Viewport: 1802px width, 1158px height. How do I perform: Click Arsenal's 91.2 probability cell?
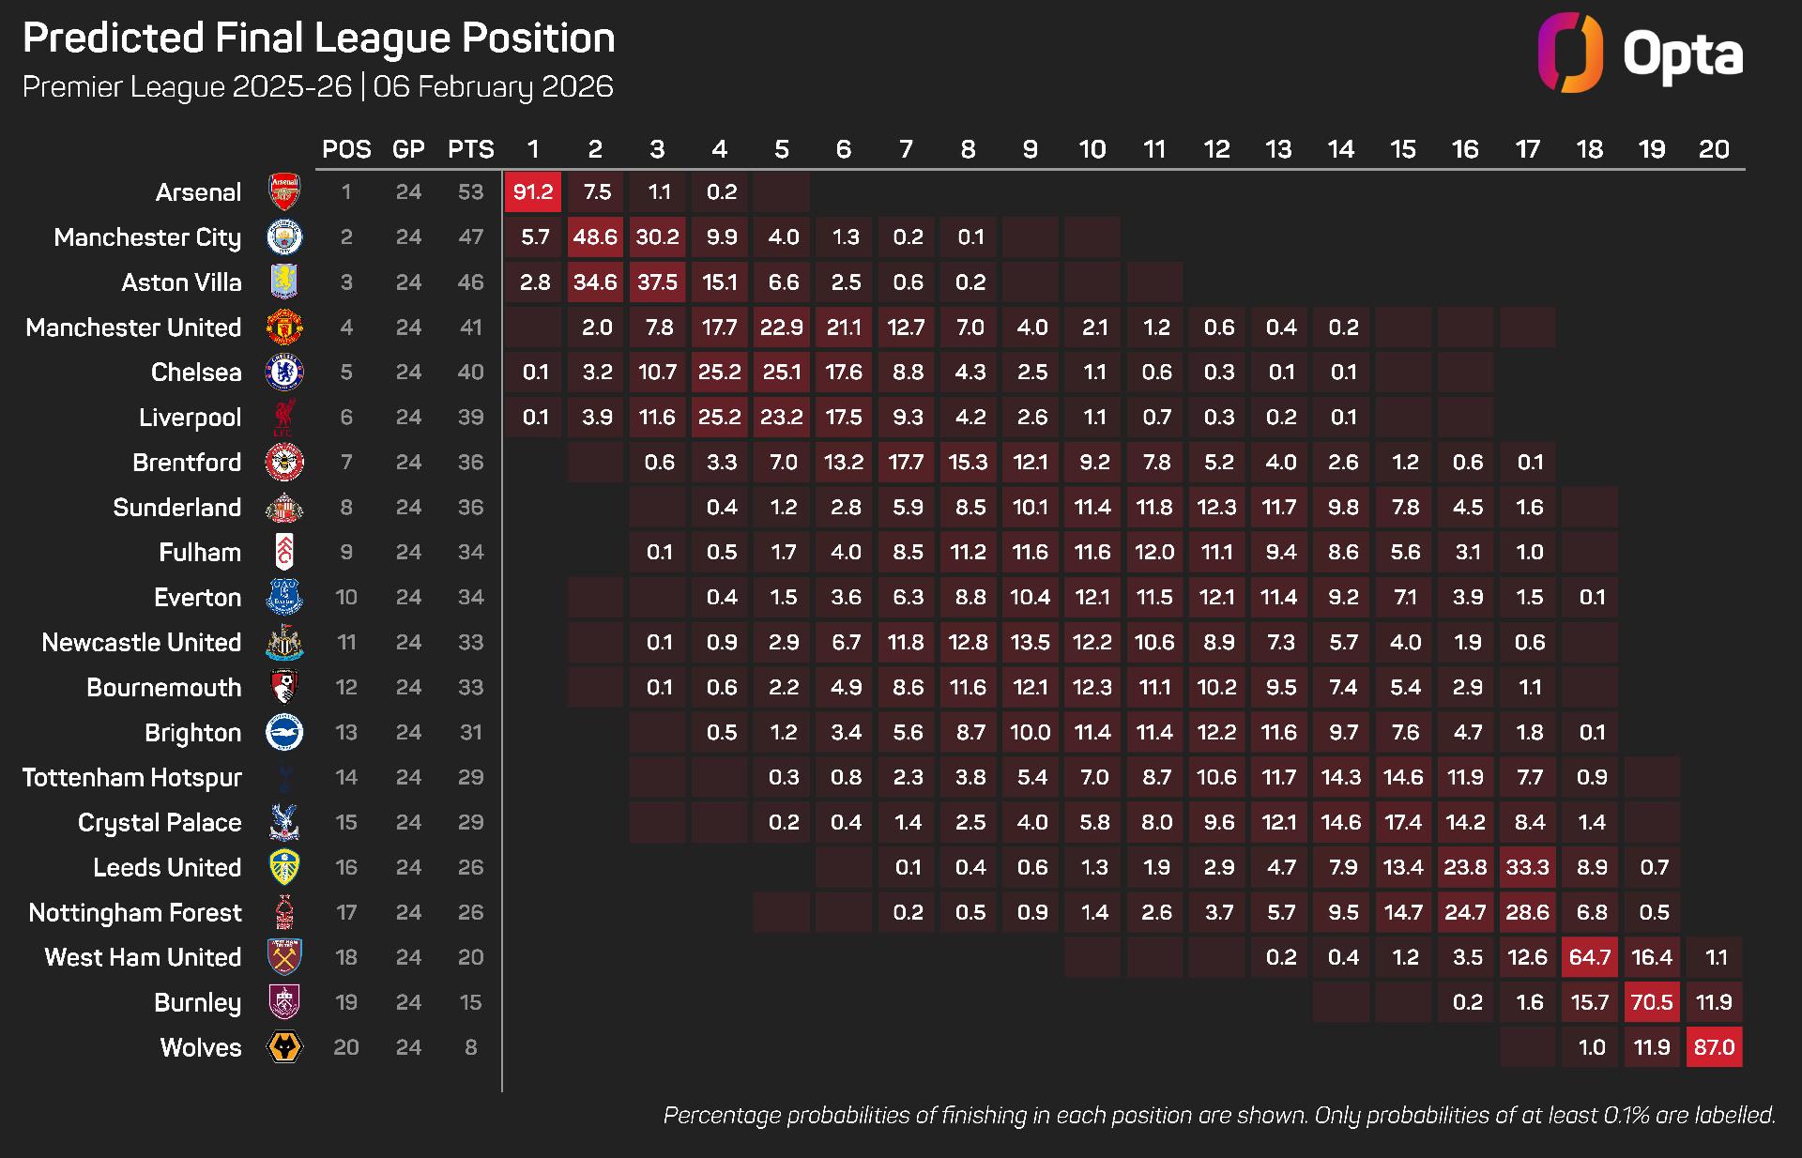pyautogui.click(x=533, y=192)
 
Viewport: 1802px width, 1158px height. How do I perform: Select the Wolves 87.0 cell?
pyautogui.click(x=1714, y=1047)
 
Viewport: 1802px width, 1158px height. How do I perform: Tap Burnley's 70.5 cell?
pyautogui.click(x=1652, y=1002)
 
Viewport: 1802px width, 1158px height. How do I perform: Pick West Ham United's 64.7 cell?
pyautogui.click(x=1590, y=957)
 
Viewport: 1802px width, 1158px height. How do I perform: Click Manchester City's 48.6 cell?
pyautogui.click(x=595, y=237)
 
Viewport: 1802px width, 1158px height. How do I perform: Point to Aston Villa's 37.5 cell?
pyautogui.click(x=657, y=282)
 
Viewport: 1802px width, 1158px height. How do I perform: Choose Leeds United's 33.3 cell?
pyautogui.click(x=1527, y=867)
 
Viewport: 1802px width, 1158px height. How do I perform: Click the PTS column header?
pyautogui.click(x=471, y=149)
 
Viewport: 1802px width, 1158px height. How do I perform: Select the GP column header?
pyautogui.click(x=408, y=149)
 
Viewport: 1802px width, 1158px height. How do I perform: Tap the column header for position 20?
pyautogui.click(x=1714, y=149)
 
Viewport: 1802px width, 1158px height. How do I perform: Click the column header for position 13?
pyautogui.click(x=1278, y=149)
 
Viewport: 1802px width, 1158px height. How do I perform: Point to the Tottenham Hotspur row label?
pyautogui.click(x=132, y=778)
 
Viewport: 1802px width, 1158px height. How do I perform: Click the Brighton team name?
pyautogui.click(x=192, y=733)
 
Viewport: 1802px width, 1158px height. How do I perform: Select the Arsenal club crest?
pyautogui.click(x=284, y=192)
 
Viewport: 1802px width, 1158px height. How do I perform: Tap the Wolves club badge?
pyautogui.click(x=284, y=1047)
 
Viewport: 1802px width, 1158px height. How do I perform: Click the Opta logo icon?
pyautogui.click(x=1570, y=53)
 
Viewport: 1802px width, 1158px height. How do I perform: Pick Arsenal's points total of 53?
pyautogui.click(x=471, y=192)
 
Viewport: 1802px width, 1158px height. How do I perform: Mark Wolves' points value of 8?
pyautogui.click(x=471, y=1047)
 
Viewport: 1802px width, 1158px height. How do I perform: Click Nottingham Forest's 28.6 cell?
pyautogui.click(x=1527, y=912)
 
